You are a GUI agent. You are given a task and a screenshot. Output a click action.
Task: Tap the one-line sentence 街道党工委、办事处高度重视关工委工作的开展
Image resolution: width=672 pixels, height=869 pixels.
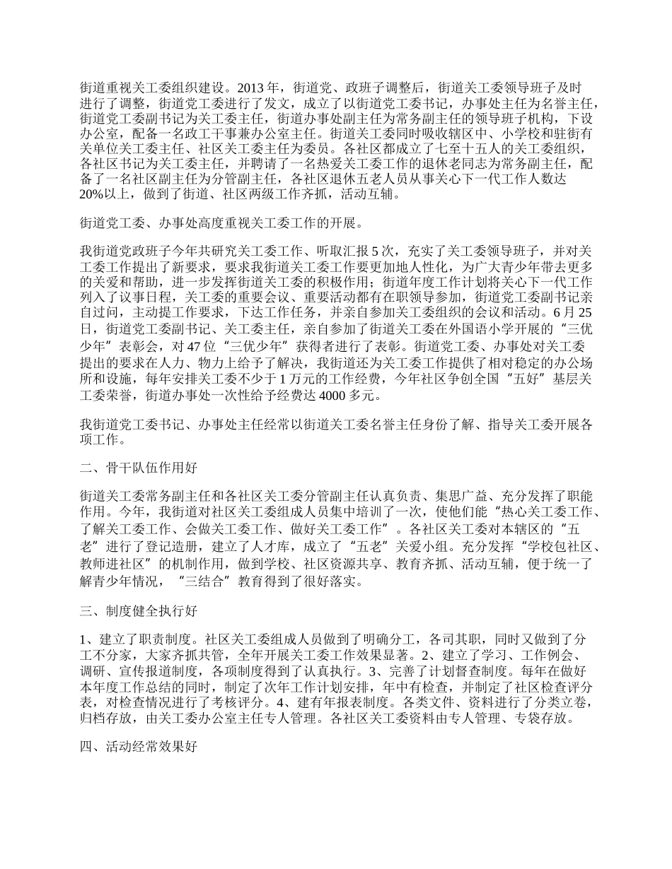[221, 225]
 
